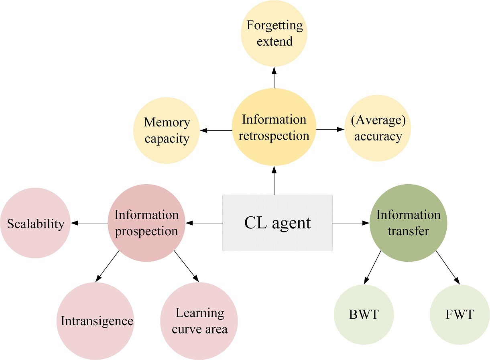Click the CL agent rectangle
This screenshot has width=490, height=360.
pyautogui.click(x=277, y=223)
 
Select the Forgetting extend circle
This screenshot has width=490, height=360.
pyautogui.click(x=274, y=33)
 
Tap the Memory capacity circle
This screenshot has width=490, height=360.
pyautogui.click(x=167, y=130)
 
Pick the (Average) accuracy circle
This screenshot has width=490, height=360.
pyautogui.click(x=378, y=128)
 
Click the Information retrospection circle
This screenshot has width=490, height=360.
pyautogui.click(x=274, y=127)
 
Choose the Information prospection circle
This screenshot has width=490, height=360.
pyautogui.click(x=147, y=223)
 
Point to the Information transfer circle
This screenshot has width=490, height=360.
pyautogui.click(x=409, y=223)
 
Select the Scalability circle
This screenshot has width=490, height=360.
pyautogui.click(x=35, y=223)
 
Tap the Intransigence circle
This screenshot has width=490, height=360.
pyautogui.click(x=96, y=321)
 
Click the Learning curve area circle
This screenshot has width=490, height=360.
pyautogui.click(x=199, y=321)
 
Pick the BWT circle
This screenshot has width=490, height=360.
pyautogui.click(x=364, y=315)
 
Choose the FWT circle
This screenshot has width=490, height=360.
pyautogui.click(x=460, y=315)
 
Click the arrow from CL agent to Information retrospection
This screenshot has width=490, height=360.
pyautogui.click(x=274, y=181)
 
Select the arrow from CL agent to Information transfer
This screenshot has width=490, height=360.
pyautogui.click(x=351, y=223)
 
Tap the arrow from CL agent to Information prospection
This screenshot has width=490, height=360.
pyautogui.click(x=204, y=223)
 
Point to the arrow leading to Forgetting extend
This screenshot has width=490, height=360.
pyautogui.click(x=274, y=77)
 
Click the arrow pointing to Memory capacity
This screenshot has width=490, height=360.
pyautogui.click(x=216, y=130)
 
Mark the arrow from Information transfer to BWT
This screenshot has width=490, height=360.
pyautogui.click(x=372, y=267)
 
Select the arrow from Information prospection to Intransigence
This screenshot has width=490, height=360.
pyautogui.click(x=108, y=266)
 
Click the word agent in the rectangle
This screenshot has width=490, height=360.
pyautogui.click(x=291, y=224)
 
